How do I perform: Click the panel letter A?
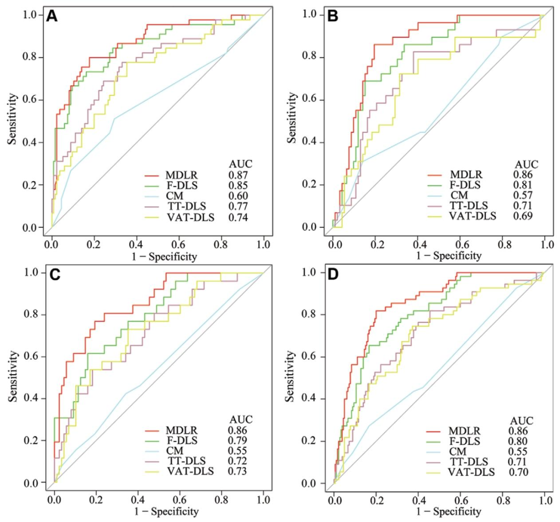(52, 16)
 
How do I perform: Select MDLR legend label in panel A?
(181, 175)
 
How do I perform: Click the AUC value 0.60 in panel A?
(238, 196)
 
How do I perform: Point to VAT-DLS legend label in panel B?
(472, 216)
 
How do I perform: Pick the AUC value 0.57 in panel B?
(523, 195)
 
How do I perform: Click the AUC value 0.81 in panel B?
(523, 185)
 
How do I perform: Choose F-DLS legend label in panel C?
(181, 441)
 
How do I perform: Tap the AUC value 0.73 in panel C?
(237, 471)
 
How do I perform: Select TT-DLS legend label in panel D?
(468, 462)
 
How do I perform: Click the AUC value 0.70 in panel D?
(519, 472)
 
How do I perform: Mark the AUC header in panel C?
(241, 419)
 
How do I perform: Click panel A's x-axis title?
(164, 256)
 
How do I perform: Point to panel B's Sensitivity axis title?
(292, 118)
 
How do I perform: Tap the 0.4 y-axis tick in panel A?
(30, 142)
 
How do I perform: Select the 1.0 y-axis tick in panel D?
(309, 272)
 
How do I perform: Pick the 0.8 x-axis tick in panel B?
(504, 244)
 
